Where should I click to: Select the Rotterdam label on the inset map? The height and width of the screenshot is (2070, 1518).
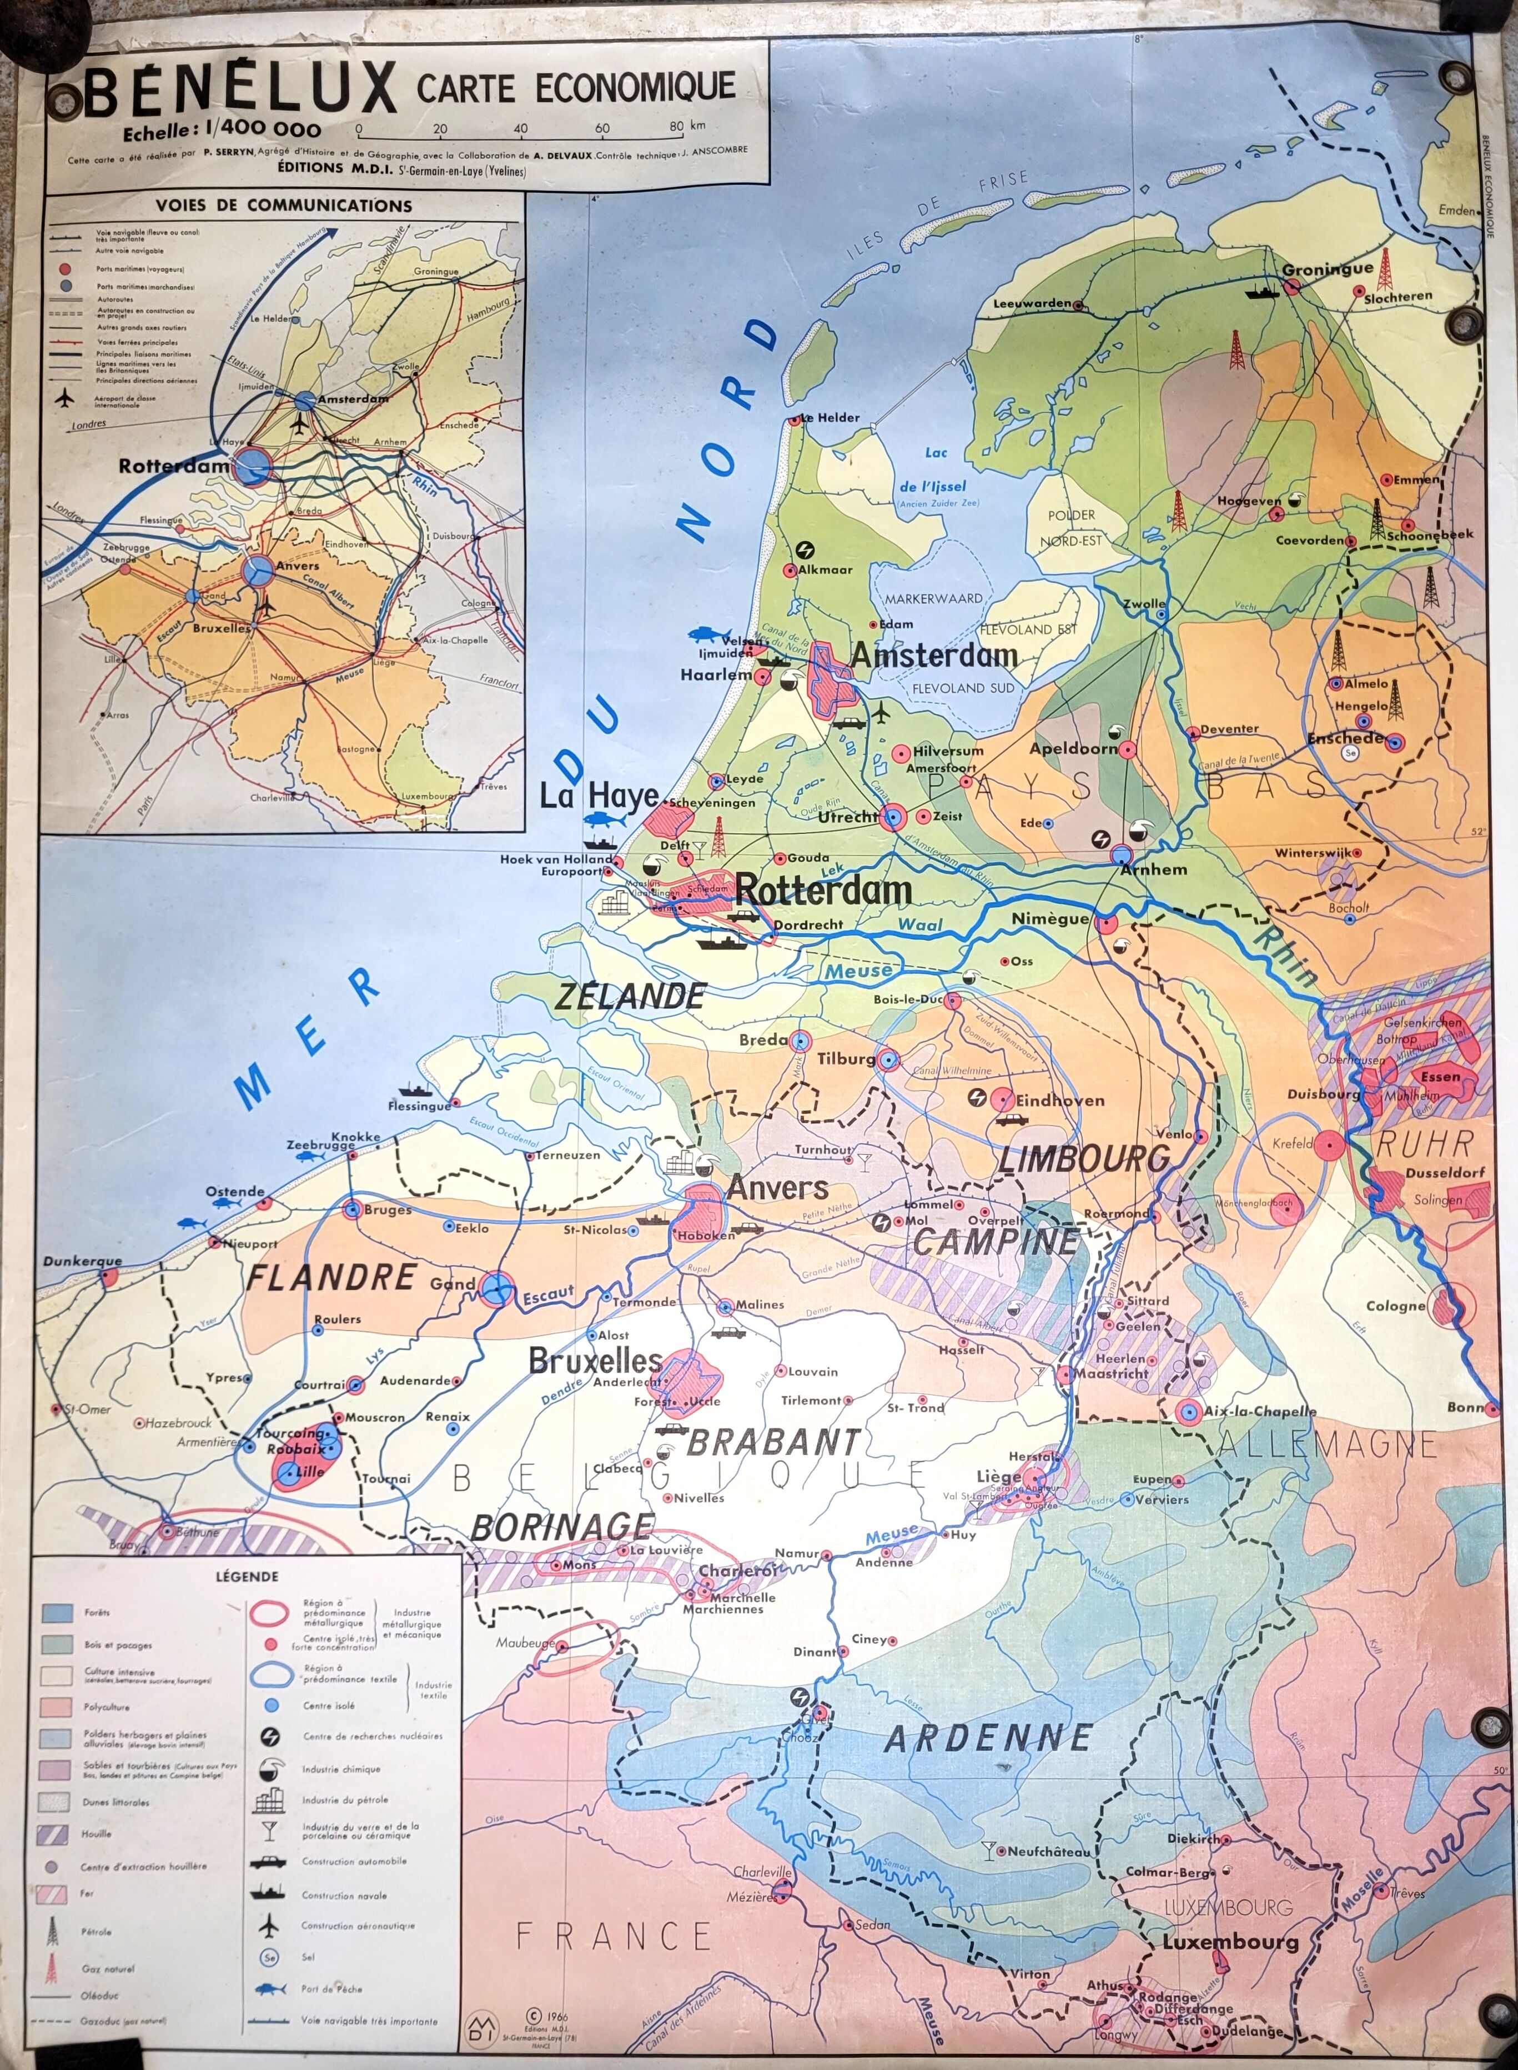pyautogui.click(x=173, y=466)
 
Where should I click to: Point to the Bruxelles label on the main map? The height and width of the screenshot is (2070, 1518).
pyautogui.click(x=595, y=1361)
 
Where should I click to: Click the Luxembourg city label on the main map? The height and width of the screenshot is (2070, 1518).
pyautogui.click(x=1230, y=1942)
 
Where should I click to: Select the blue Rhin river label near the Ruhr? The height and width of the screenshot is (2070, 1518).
pyautogui.click(x=1286, y=956)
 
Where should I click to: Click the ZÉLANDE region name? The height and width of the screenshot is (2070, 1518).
pyautogui.click(x=630, y=997)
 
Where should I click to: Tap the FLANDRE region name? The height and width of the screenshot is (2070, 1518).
pyautogui.click(x=331, y=1278)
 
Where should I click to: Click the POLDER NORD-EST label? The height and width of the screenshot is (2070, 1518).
pyautogui.click(x=1072, y=528)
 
